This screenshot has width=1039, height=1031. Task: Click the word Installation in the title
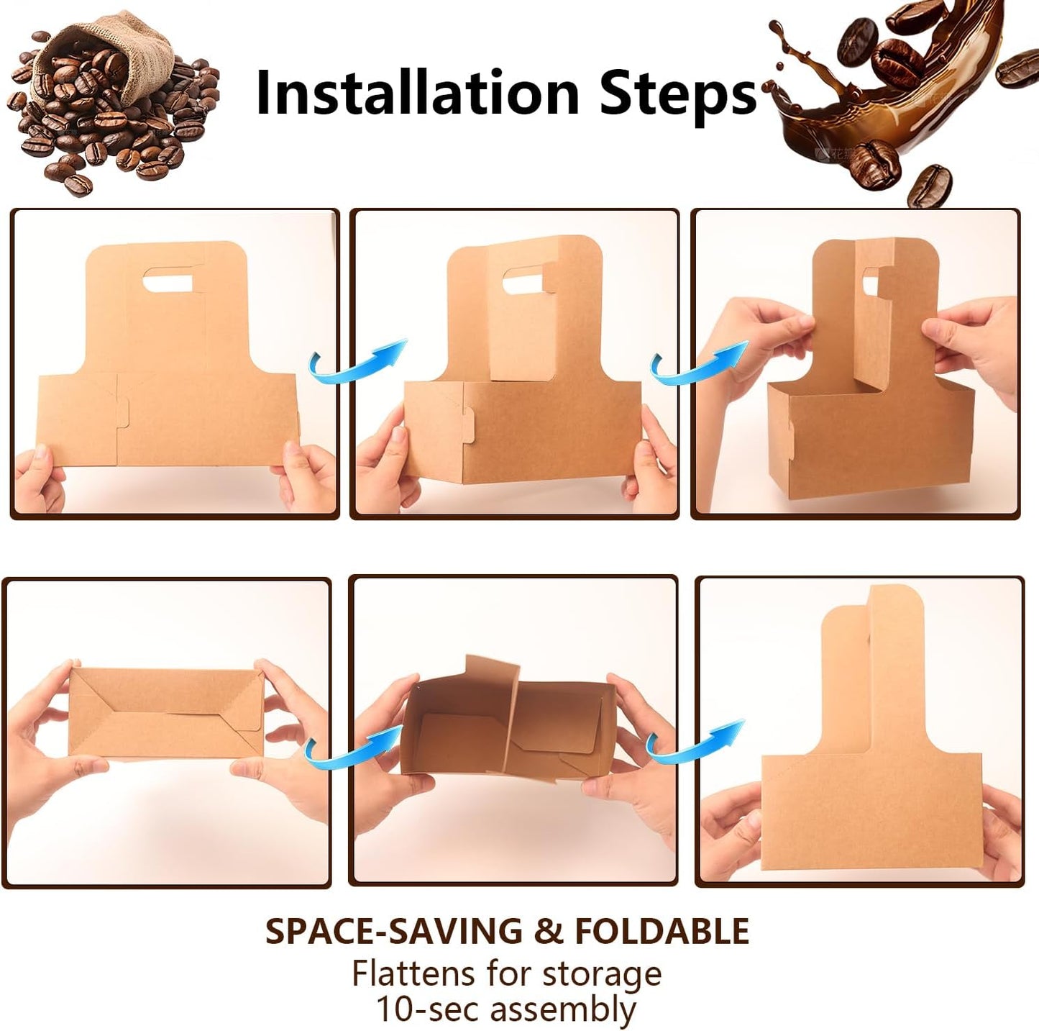(417, 93)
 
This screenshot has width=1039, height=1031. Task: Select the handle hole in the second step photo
(523, 281)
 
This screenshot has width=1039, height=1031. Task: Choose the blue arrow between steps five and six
(693, 741)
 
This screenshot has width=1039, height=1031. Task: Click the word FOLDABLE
(662, 931)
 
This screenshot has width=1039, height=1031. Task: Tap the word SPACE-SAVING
(393, 931)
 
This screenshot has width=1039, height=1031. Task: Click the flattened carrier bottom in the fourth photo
(166, 712)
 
